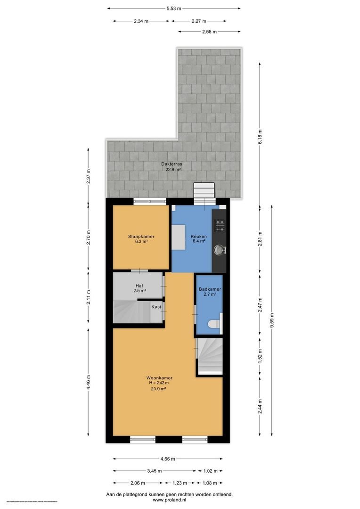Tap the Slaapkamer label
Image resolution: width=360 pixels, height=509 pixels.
pyautogui.click(x=141, y=237)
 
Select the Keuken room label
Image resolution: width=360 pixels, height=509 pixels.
pyautogui.click(x=197, y=237)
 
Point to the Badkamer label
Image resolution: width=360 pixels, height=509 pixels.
pyautogui.click(x=210, y=289)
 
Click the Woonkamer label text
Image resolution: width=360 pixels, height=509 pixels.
pyautogui.click(x=159, y=378)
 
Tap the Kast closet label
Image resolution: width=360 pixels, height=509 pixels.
pyautogui.click(x=156, y=307)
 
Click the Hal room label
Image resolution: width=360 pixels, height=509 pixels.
pyautogui.click(x=139, y=286)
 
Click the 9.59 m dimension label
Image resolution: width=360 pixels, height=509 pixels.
pyautogui.click(x=273, y=320)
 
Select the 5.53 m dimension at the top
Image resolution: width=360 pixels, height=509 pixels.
pyautogui.click(x=174, y=8)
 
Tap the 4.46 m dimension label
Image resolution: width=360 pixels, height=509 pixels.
pyautogui.click(x=89, y=382)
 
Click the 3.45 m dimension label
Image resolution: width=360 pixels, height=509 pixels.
pyautogui.click(x=154, y=470)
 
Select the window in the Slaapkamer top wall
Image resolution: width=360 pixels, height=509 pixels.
pyautogui.click(x=149, y=202)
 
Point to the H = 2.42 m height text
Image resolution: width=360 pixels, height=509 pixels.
pyautogui.click(x=159, y=383)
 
